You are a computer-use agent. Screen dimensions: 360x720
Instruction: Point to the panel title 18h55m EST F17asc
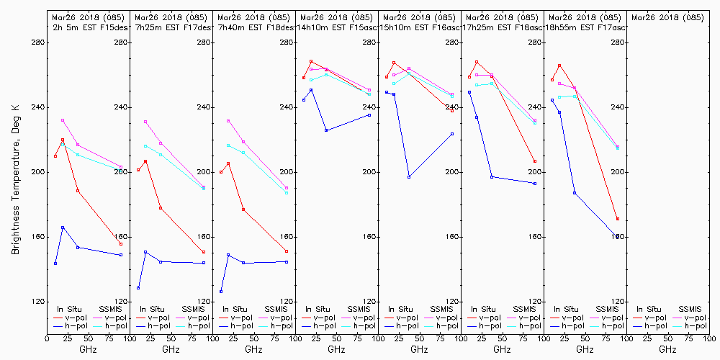click(x=585, y=27)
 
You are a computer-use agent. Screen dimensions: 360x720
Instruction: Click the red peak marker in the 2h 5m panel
click(x=63, y=140)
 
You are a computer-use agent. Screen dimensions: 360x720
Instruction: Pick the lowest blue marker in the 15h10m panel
click(x=409, y=177)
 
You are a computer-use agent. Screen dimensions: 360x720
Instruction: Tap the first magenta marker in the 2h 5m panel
click(x=63, y=120)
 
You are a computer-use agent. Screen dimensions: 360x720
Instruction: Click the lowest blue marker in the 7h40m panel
click(x=221, y=292)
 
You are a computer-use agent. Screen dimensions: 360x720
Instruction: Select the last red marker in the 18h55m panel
click(x=618, y=219)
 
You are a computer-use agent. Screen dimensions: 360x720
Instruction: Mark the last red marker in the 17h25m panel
click(x=535, y=161)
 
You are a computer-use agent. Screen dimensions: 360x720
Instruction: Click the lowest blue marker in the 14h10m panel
click(x=326, y=130)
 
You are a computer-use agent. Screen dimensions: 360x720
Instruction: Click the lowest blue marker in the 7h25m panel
click(x=138, y=288)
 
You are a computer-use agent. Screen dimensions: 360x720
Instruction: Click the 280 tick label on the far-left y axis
click(x=38, y=42)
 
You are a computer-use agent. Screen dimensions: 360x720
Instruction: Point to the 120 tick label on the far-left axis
click(x=38, y=302)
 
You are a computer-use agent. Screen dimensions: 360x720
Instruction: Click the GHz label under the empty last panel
click(x=667, y=349)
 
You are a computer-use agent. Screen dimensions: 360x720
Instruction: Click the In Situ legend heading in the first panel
click(x=70, y=309)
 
